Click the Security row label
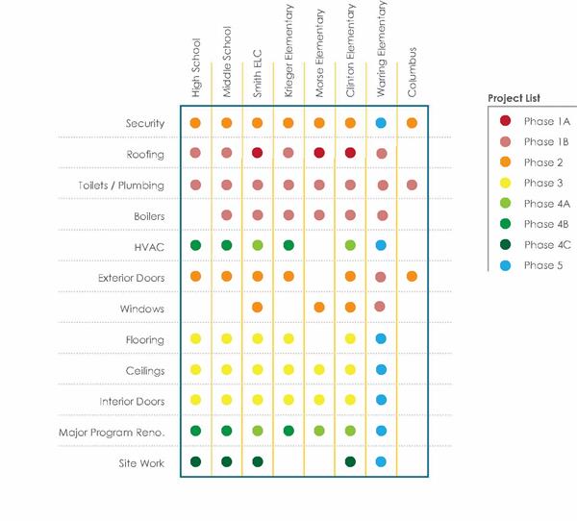[145, 124]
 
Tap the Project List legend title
[514, 98]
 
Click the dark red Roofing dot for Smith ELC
[257, 154]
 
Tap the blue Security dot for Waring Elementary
[381, 123]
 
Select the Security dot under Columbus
[412, 123]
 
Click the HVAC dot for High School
[195, 246]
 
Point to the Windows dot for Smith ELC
[257, 308]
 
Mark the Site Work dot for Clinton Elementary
[350, 462]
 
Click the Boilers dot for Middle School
[226, 215]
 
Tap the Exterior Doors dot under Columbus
[412, 277]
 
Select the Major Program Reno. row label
[112, 433]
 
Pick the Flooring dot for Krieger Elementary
[288, 339]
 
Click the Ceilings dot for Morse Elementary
[319, 370]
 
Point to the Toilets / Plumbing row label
[121, 186]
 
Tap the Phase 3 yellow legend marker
[505, 183]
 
